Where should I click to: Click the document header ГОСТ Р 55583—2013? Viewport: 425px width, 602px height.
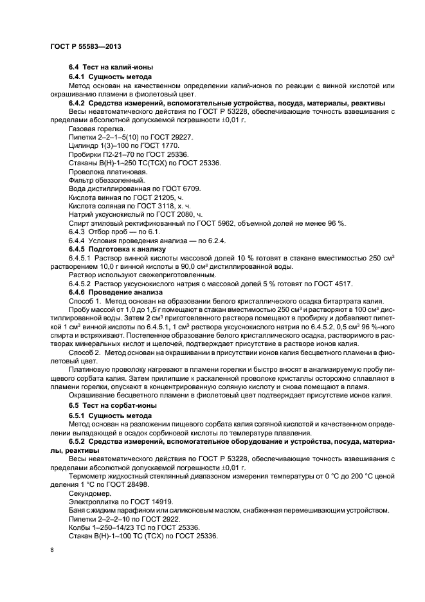click(86, 47)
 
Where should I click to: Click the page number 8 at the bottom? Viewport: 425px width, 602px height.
click(51, 551)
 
